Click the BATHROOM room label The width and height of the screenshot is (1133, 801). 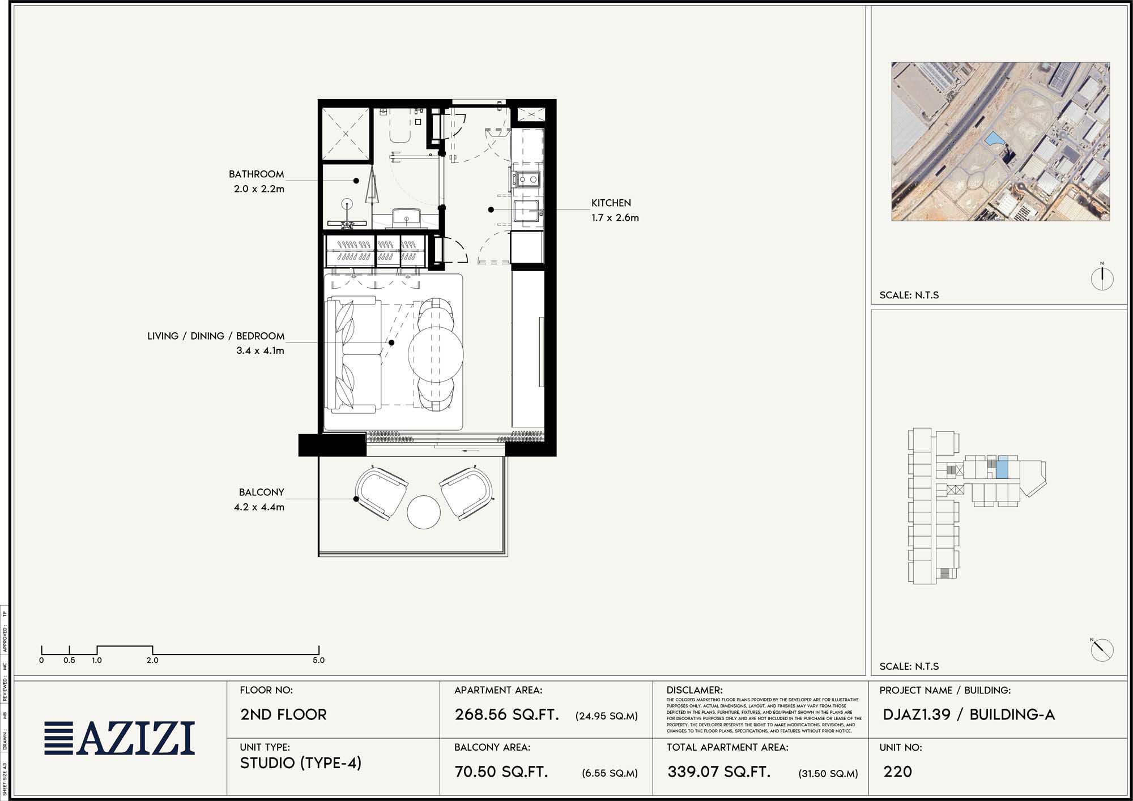tap(256, 174)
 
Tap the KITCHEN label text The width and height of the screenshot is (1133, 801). tap(611, 203)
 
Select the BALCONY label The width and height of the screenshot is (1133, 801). tap(261, 492)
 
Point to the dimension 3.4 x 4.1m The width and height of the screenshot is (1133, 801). tap(260, 351)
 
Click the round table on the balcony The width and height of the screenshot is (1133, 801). tap(423, 512)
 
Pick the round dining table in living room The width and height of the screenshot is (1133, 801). tap(435, 353)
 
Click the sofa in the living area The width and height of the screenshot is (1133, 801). tap(353, 354)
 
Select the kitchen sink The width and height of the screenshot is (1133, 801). tap(527, 212)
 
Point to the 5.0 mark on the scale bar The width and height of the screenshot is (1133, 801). tap(318, 660)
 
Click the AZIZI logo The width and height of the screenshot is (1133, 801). tap(120, 738)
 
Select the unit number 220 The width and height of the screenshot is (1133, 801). tap(897, 772)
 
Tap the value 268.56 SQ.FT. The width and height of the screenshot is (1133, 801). tap(506, 714)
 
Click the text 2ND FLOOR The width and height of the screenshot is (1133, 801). tap(283, 714)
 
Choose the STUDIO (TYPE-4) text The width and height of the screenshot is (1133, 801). tap(300, 763)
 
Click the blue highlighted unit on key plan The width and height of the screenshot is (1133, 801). tap(1002, 467)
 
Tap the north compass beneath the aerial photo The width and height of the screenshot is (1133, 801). tap(1102, 278)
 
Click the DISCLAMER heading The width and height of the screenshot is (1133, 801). tap(694, 690)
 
